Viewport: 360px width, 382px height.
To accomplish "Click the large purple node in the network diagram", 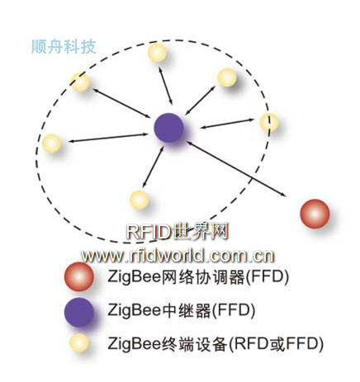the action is pyautogui.click(x=168, y=128).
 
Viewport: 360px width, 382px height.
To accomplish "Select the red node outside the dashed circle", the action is pyautogui.click(x=315, y=214).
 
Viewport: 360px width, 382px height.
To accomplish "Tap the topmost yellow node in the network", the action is pyautogui.click(x=157, y=52).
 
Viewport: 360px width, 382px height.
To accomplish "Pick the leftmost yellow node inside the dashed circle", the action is pyautogui.click(x=52, y=143).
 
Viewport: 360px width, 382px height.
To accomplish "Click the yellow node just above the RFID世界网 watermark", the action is pyautogui.click(x=140, y=200).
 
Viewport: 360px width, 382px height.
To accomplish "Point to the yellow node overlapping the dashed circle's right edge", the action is pyautogui.click(x=269, y=122).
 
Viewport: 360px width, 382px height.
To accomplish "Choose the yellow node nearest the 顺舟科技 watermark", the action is pyautogui.click(x=80, y=82).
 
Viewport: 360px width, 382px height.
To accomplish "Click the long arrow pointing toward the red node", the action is pyautogui.click(x=236, y=169).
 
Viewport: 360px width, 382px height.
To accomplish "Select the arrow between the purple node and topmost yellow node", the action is pyautogui.click(x=165, y=85).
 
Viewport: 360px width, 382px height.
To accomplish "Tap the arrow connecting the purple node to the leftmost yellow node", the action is pyautogui.click(x=108, y=138).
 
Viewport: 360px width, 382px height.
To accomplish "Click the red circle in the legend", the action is pyautogui.click(x=79, y=276).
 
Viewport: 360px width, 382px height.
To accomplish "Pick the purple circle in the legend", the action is pyautogui.click(x=79, y=312).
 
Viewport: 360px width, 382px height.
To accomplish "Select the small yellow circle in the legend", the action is pyautogui.click(x=79, y=343).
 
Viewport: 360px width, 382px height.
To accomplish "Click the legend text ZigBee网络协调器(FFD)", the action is pyautogui.click(x=198, y=276).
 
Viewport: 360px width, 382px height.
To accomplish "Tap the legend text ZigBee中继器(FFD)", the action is pyautogui.click(x=182, y=310).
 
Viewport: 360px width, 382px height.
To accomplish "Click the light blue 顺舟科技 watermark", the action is pyautogui.click(x=64, y=46).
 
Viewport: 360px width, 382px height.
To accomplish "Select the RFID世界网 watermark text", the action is pyautogui.click(x=178, y=231).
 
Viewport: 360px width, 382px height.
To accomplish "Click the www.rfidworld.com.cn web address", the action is pyautogui.click(x=178, y=256).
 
